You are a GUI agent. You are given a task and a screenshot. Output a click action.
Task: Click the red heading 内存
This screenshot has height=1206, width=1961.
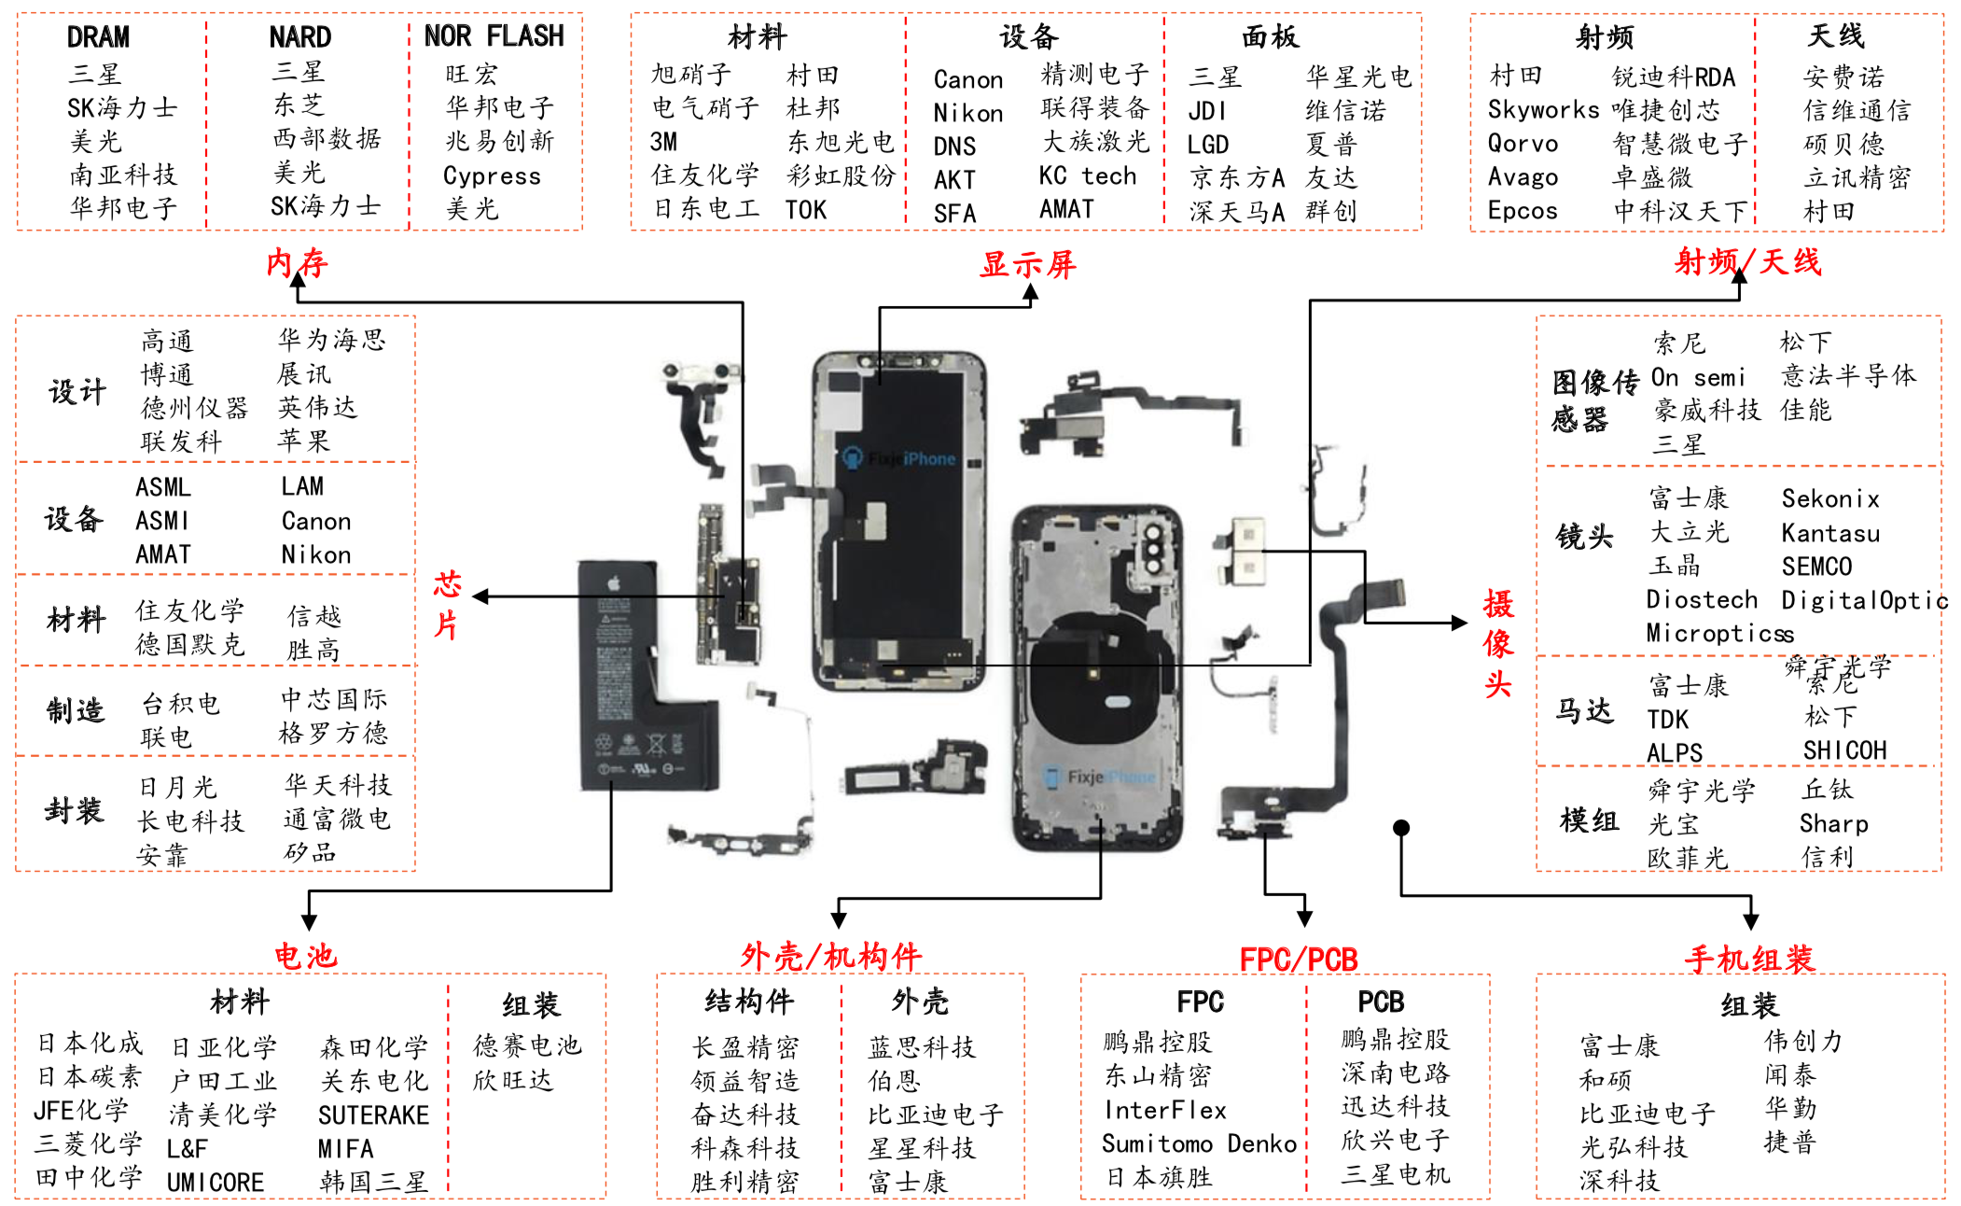[x=297, y=263]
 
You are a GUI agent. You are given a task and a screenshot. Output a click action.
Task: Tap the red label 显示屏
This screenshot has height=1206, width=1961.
[x=1027, y=265]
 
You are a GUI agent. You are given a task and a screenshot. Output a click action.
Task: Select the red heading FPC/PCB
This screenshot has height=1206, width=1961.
[x=1298, y=959]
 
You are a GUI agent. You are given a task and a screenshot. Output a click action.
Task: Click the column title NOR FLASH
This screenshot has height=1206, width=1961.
[x=494, y=36]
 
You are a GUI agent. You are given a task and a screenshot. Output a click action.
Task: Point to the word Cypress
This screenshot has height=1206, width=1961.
[x=492, y=176]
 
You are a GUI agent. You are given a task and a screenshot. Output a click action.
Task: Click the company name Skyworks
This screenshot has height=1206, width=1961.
[x=1543, y=110]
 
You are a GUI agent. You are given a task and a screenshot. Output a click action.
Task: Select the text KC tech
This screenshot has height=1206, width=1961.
[x=1088, y=176]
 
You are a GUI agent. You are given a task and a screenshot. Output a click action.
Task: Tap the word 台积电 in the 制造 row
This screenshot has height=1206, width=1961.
[x=180, y=704]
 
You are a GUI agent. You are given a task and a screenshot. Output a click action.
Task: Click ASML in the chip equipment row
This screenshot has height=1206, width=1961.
[x=163, y=487]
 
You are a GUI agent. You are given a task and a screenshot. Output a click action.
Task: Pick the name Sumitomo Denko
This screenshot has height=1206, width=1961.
[x=1199, y=1143]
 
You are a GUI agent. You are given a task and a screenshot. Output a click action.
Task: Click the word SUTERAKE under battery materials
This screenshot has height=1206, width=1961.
[x=373, y=1115]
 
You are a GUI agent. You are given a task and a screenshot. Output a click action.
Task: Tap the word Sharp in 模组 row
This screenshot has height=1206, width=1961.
[x=1833, y=823]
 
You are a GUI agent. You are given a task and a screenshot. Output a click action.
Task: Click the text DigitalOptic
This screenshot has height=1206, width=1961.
[x=1863, y=600]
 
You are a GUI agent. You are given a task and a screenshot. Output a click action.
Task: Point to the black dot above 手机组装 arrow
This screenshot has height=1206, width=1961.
[x=1400, y=828]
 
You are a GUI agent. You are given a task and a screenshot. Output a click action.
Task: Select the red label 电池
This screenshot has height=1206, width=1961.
[x=305, y=956]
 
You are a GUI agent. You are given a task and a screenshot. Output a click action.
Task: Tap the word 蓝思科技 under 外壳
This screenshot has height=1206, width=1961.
[x=921, y=1047]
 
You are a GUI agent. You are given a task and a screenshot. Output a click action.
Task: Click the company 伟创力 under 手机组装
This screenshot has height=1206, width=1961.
[x=1802, y=1041]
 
